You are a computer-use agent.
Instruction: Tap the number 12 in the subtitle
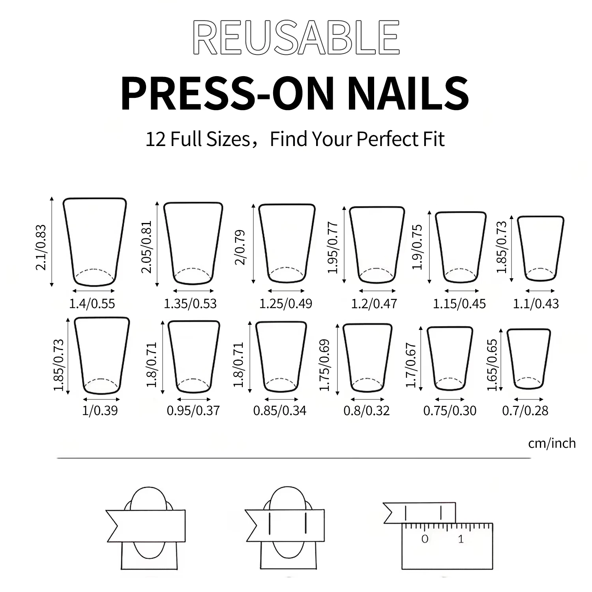coord(156,139)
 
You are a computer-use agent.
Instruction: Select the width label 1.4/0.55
coord(92,303)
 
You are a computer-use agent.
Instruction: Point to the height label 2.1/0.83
coord(41,247)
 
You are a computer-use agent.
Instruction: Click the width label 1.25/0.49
coord(286,303)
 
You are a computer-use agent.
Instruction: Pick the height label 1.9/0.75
coord(417,247)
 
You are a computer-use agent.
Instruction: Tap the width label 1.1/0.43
coord(536,303)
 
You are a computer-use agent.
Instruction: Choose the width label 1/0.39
coord(100,410)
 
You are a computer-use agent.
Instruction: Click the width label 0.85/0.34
coord(280,410)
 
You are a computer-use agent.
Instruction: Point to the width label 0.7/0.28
coord(525,410)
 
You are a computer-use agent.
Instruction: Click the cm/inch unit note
coord(552,443)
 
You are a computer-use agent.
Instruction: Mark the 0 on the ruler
coord(425,539)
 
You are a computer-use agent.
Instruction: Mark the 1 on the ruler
coord(461,539)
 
